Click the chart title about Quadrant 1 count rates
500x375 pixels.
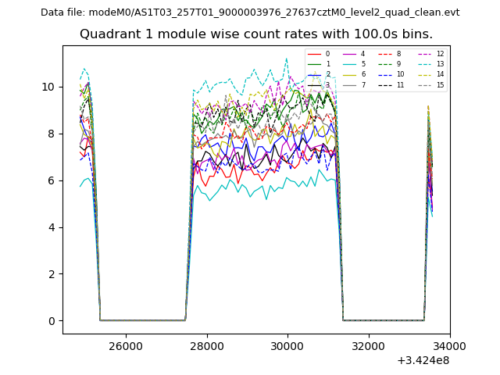click(x=256, y=34)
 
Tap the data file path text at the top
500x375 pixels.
click(x=250, y=12)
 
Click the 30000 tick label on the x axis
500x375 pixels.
click(x=287, y=345)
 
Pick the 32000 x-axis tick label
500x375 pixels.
click(x=368, y=345)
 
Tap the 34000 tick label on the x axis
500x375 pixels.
click(x=449, y=345)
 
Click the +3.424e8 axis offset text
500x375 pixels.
click(x=423, y=360)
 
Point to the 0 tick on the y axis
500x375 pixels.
click(x=52, y=321)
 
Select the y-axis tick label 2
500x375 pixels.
click(x=52, y=274)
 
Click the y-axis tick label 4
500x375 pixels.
click(x=52, y=227)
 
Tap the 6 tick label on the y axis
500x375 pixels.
click(x=52, y=180)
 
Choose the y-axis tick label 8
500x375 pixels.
click(x=52, y=134)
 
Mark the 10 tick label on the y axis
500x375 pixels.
click(x=48, y=87)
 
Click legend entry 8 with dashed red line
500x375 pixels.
click(x=398, y=55)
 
